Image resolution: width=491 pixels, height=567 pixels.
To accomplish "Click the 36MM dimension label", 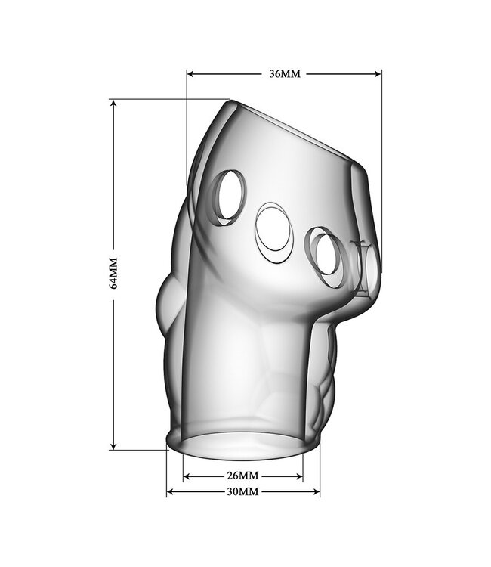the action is point(285,74).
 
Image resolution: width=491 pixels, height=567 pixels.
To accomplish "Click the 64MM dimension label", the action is point(113,273).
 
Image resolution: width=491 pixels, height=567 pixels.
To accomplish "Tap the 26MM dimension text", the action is point(242,476).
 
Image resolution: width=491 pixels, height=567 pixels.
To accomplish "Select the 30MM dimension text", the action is point(242,492).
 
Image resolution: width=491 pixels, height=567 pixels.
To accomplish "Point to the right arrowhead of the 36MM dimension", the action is point(378,74).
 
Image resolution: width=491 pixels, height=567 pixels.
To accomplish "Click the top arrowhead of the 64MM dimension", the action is point(114,104).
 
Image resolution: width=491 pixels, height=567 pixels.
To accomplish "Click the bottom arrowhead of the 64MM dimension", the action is point(114,445).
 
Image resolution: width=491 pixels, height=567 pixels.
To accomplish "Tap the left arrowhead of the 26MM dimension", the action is point(187,476).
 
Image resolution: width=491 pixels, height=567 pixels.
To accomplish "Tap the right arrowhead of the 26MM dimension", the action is point(299,476).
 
